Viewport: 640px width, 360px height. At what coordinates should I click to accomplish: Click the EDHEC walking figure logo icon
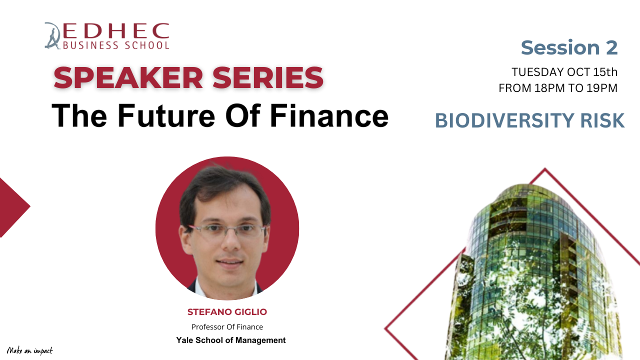coord(52,35)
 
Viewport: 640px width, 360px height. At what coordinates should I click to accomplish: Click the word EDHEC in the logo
coord(116,30)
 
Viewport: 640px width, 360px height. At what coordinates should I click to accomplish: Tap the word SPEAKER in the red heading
coord(128,77)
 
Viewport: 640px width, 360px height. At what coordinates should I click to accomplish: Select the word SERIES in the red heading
coord(268,77)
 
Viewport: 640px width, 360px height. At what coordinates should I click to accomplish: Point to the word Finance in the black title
coord(329,115)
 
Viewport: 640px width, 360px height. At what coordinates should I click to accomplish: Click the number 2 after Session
coord(611,47)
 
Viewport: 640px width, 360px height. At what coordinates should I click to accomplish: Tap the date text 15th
coord(605,72)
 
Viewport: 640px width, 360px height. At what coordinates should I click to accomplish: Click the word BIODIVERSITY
coord(504,120)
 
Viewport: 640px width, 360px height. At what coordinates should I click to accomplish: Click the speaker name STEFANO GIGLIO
coord(227,311)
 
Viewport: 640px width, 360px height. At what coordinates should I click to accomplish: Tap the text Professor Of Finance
coord(227,327)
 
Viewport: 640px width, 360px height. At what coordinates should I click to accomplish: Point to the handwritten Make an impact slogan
coord(29,350)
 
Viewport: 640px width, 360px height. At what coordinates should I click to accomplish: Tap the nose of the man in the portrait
coord(231,243)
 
